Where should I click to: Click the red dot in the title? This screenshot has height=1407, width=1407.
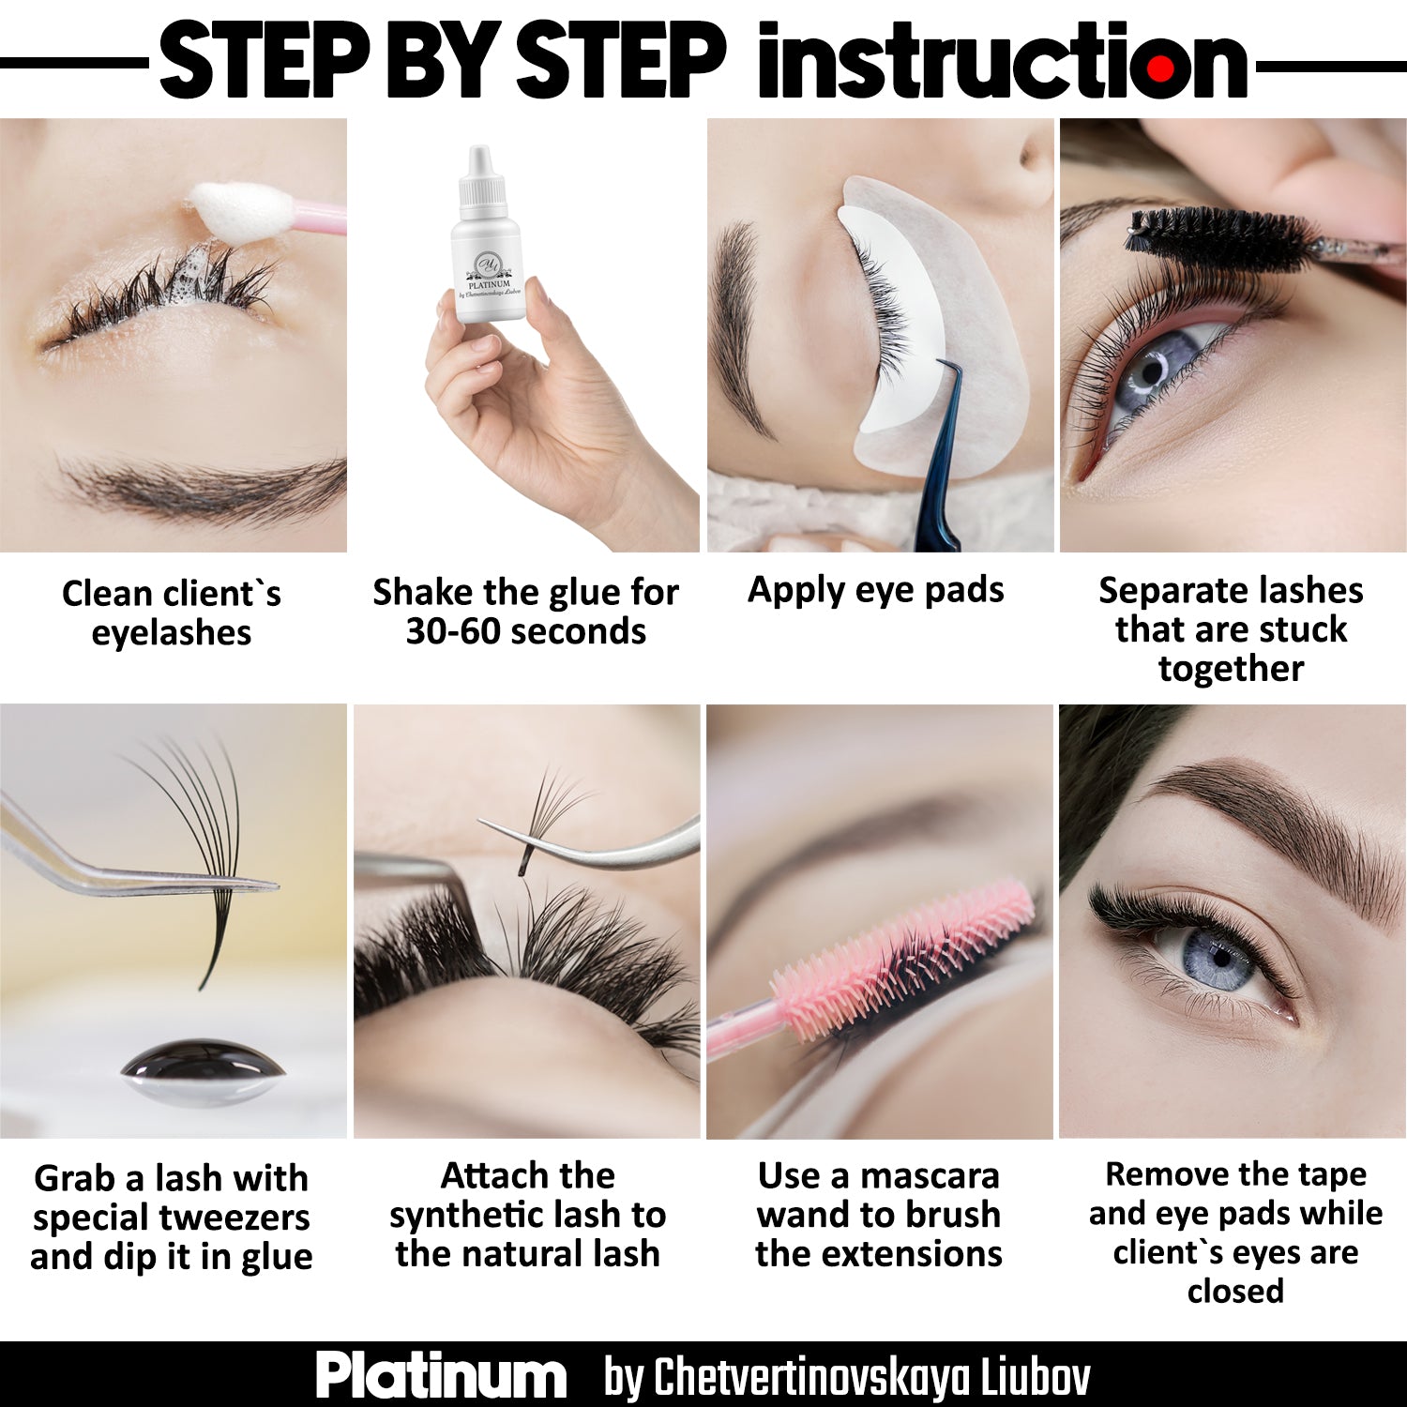point(1160,68)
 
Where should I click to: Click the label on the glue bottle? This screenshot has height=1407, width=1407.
point(489,275)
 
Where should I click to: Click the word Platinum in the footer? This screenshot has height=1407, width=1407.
point(441,1376)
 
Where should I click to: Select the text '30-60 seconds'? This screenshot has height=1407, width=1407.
point(525,631)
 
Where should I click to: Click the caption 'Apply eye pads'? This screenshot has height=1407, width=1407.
point(875,591)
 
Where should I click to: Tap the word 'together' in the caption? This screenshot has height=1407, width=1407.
point(1231,670)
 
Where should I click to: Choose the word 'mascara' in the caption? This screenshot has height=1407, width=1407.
point(930,1175)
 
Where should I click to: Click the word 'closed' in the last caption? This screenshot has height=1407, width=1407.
point(1235,1292)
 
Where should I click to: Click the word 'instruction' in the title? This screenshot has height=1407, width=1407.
point(1002,61)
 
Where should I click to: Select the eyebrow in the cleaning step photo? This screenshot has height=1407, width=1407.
point(202,487)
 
